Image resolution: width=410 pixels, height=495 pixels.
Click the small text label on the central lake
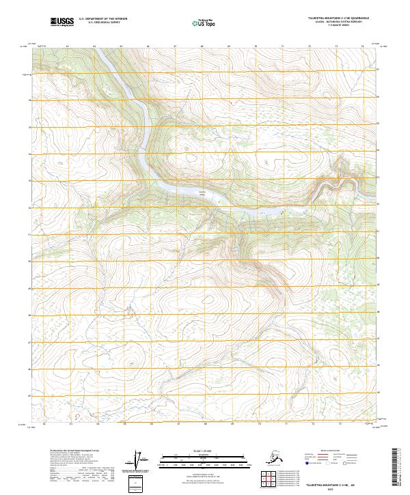[202, 193]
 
